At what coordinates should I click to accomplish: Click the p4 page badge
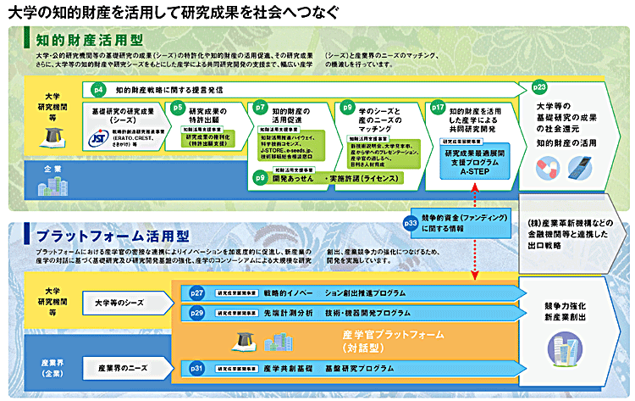click(98, 88)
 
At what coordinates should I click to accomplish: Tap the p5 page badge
click(177, 108)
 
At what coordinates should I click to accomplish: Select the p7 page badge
click(261, 108)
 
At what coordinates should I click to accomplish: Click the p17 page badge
click(438, 108)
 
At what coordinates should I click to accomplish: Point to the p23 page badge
click(539, 86)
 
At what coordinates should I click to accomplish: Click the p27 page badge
click(197, 292)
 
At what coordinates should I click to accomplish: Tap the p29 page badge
click(197, 312)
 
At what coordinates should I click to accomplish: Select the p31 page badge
click(197, 368)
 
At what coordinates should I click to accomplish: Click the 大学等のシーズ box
click(118, 301)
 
